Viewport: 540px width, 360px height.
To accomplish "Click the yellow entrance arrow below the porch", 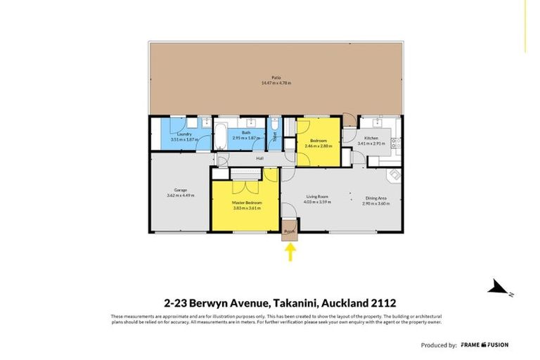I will click(x=289, y=252).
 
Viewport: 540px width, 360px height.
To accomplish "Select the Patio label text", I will click(x=276, y=77).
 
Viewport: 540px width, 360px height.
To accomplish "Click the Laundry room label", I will click(x=184, y=134).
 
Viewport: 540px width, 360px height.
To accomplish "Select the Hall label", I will click(x=259, y=158).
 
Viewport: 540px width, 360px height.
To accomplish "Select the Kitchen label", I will click(x=371, y=138).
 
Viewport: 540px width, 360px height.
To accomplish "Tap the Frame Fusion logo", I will click(x=485, y=345).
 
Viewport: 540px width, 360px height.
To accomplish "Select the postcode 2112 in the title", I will click(x=385, y=303).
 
